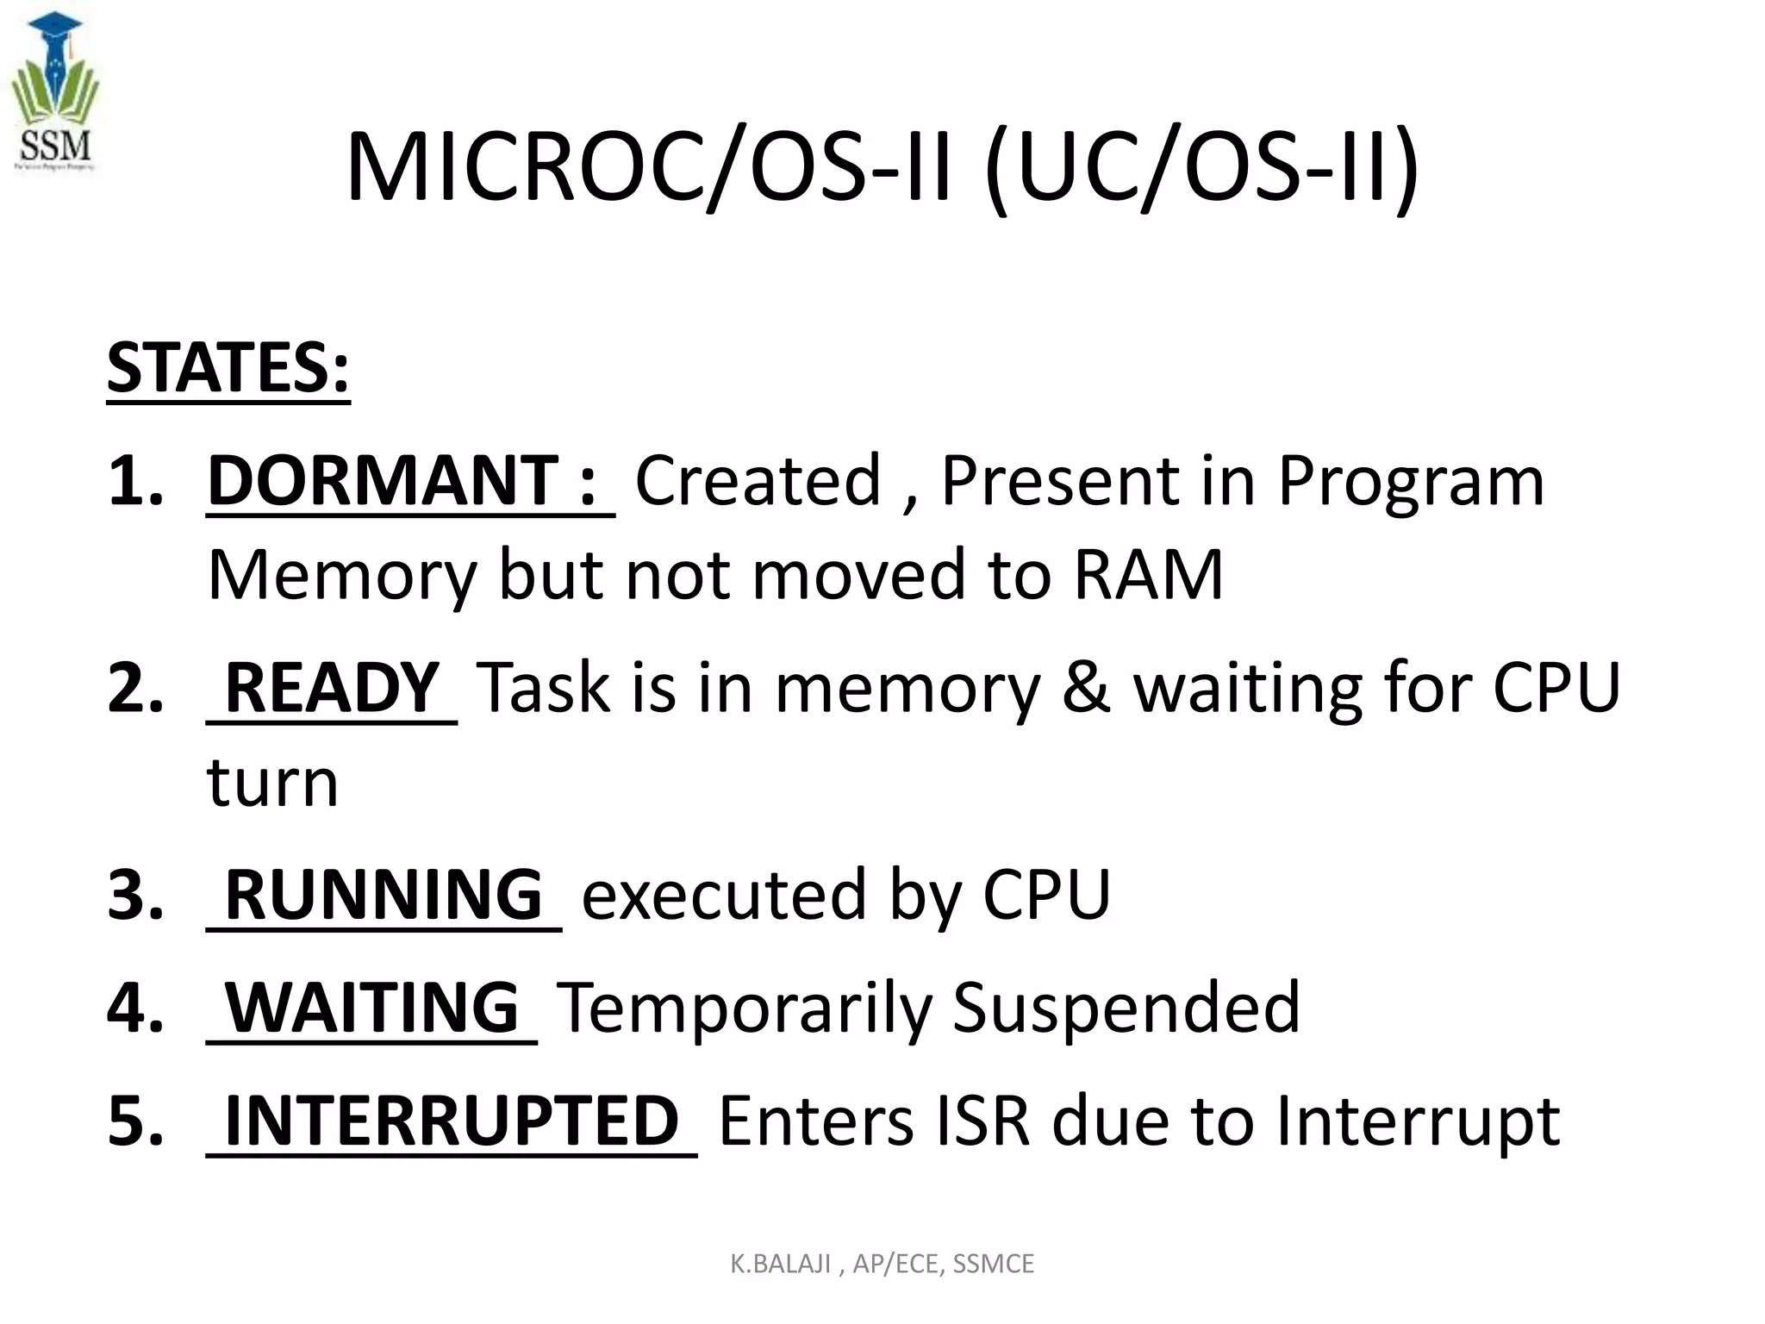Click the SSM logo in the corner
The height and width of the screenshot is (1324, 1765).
point(55,93)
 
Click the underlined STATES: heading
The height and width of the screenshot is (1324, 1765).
point(228,368)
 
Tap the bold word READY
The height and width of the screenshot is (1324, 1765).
point(332,687)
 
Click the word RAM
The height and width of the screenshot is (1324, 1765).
point(1148,575)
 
